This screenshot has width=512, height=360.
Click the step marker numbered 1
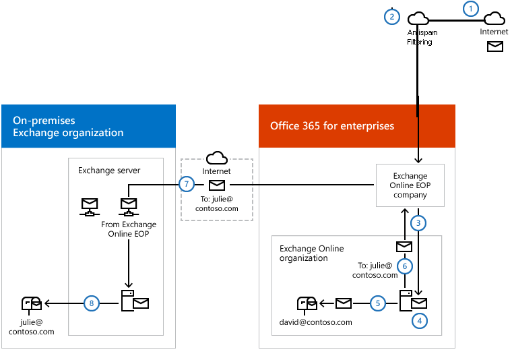pos(470,9)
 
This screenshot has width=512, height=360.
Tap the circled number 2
pos(392,17)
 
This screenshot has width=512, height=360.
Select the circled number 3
pos(418,223)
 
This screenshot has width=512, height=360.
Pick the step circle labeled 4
pos(420,321)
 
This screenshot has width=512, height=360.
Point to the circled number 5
pos(378,303)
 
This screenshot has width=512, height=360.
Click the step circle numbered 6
pos(405,266)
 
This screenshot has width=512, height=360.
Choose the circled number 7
pos(187,184)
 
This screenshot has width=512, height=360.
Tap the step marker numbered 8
pos(92,303)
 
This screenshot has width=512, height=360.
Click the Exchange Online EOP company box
pos(410,185)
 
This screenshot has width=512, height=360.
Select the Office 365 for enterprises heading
pos(332,126)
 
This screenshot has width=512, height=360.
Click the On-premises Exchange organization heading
pos(68,127)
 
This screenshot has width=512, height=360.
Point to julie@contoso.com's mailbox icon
pos(32,305)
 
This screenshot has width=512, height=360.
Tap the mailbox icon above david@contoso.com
pos(307,305)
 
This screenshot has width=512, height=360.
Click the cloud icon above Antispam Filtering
pos(418,18)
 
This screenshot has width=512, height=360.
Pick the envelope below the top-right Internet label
pos(495,47)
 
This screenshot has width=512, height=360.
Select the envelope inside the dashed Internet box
pos(217,185)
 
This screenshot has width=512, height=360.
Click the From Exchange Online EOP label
pos(129,229)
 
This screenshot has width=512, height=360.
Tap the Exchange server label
pos(109,170)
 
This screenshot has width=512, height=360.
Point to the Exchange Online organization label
pos(311,253)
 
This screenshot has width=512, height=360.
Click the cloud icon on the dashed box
pos(217,158)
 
